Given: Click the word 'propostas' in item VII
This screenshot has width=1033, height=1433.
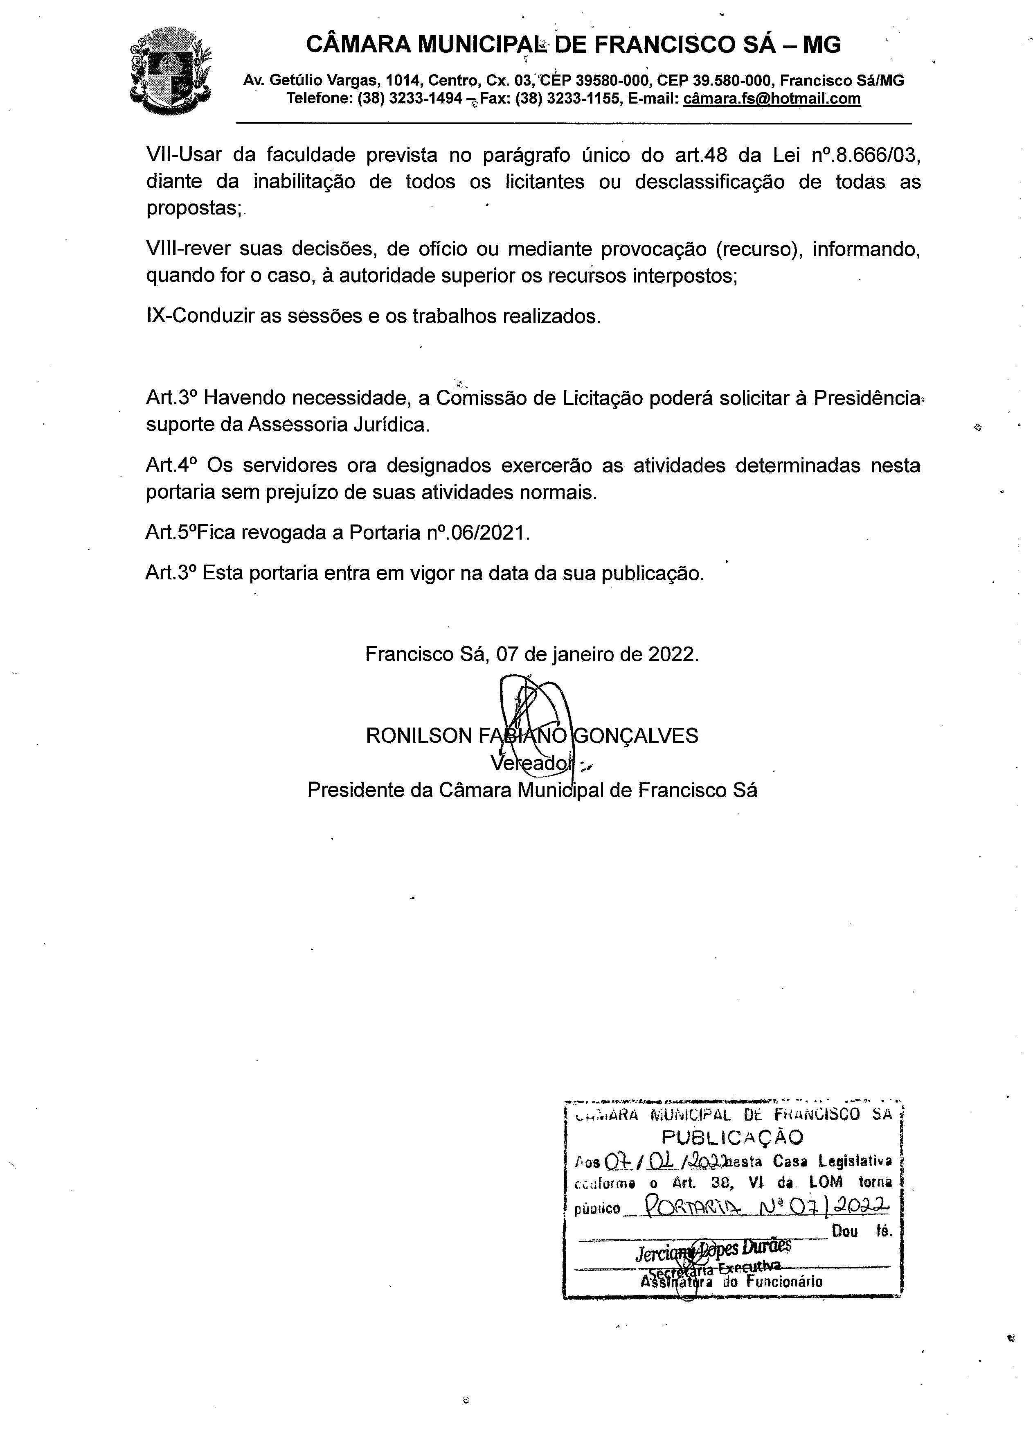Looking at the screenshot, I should point(193,208).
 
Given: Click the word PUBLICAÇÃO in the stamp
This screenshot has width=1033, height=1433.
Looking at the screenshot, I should point(732,1138).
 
